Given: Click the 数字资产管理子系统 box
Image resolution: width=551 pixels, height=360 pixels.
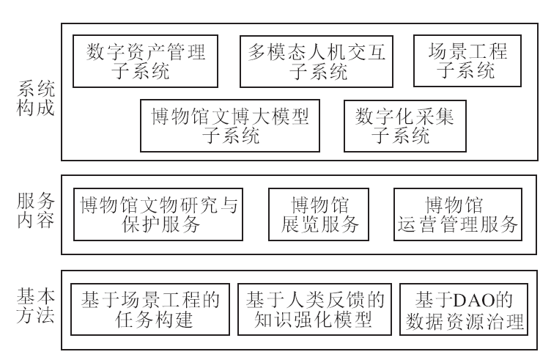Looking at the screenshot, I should (x=146, y=61).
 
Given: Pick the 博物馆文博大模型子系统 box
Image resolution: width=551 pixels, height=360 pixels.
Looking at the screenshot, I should (x=231, y=125).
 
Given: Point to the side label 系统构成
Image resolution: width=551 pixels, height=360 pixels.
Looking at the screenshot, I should (x=34, y=103).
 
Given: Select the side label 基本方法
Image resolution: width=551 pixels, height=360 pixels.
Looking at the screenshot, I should (x=34, y=309).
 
